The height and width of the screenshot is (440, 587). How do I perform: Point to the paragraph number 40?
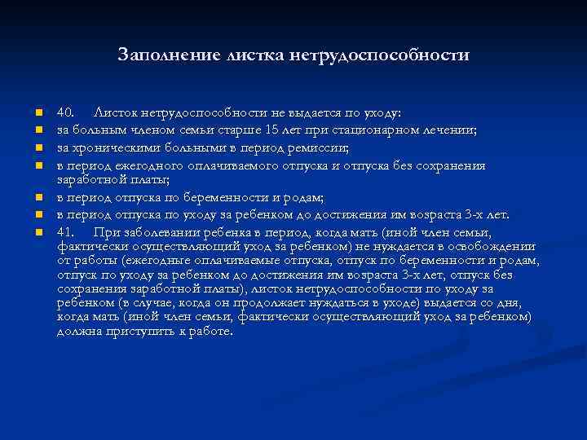click(x=67, y=111)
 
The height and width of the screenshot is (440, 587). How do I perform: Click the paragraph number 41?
click(x=67, y=232)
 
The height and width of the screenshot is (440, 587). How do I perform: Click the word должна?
click(x=77, y=332)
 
